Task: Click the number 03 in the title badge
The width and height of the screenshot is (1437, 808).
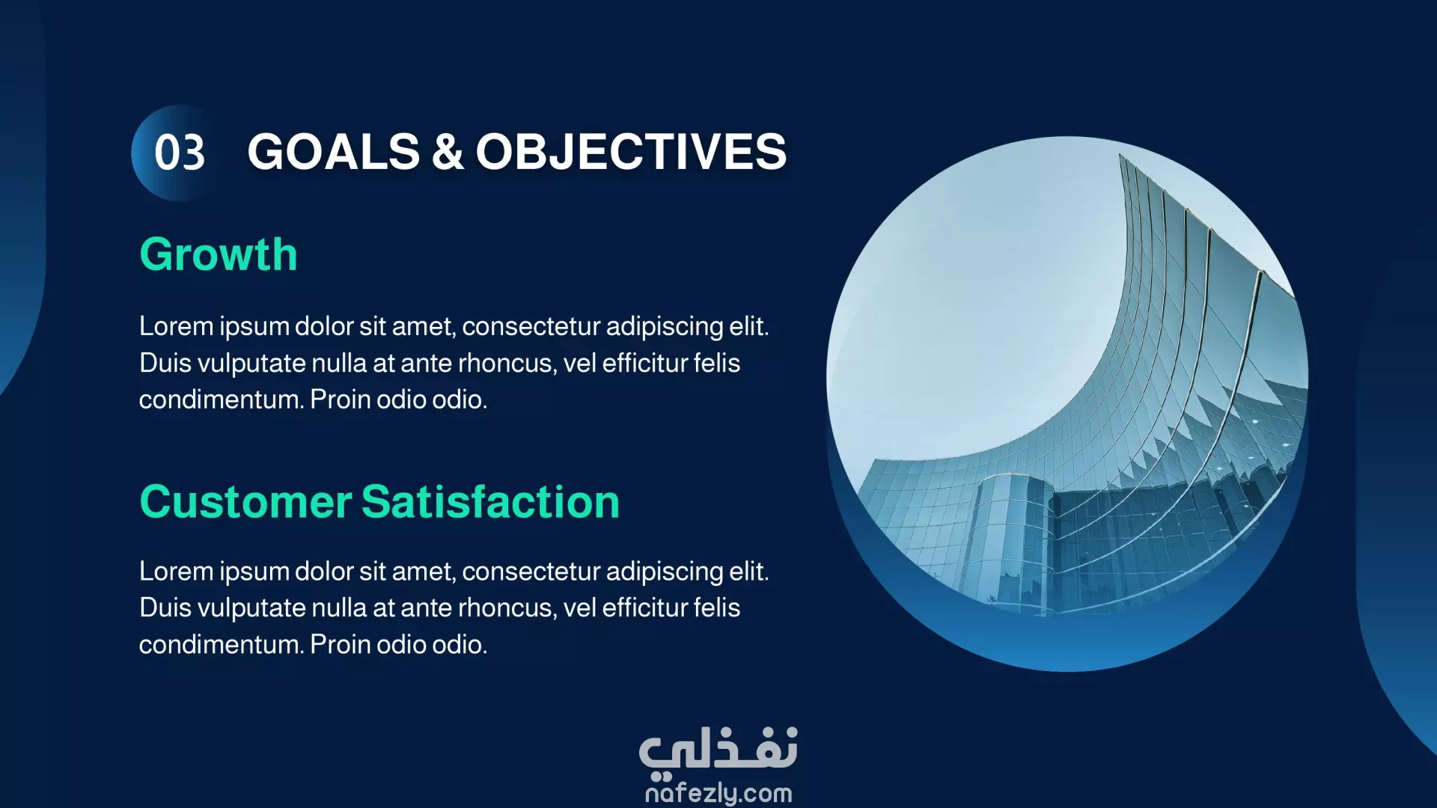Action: [x=180, y=153]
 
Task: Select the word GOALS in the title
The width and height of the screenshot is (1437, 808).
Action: [x=334, y=152]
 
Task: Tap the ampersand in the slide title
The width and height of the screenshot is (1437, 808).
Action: [x=448, y=152]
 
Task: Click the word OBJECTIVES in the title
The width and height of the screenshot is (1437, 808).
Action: [x=631, y=152]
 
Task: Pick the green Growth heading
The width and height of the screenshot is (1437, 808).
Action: [x=219, y=254]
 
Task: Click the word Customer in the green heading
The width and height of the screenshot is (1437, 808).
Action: [x=245, y=501]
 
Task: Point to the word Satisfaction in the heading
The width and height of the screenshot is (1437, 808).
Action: [x=491, y=501]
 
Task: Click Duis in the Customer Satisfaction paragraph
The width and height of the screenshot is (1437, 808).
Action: [x=165, y=607]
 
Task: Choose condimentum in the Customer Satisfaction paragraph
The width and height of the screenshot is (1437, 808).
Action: [x=222, y=645]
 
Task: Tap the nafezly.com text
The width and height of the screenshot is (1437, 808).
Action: [x=718, y=793]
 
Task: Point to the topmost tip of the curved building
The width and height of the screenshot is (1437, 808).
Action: [x=1120, y=154]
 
